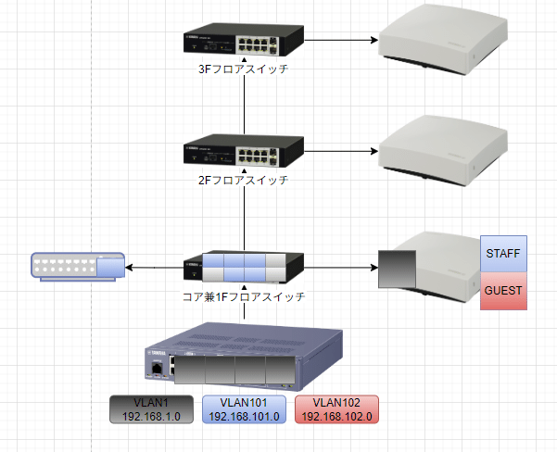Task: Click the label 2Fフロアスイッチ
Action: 245,179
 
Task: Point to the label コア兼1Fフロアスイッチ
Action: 245,297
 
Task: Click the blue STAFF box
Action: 503,253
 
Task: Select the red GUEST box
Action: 503,291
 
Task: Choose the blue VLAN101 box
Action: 244,409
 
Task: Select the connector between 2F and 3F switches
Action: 245,102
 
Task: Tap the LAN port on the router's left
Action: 159,367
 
